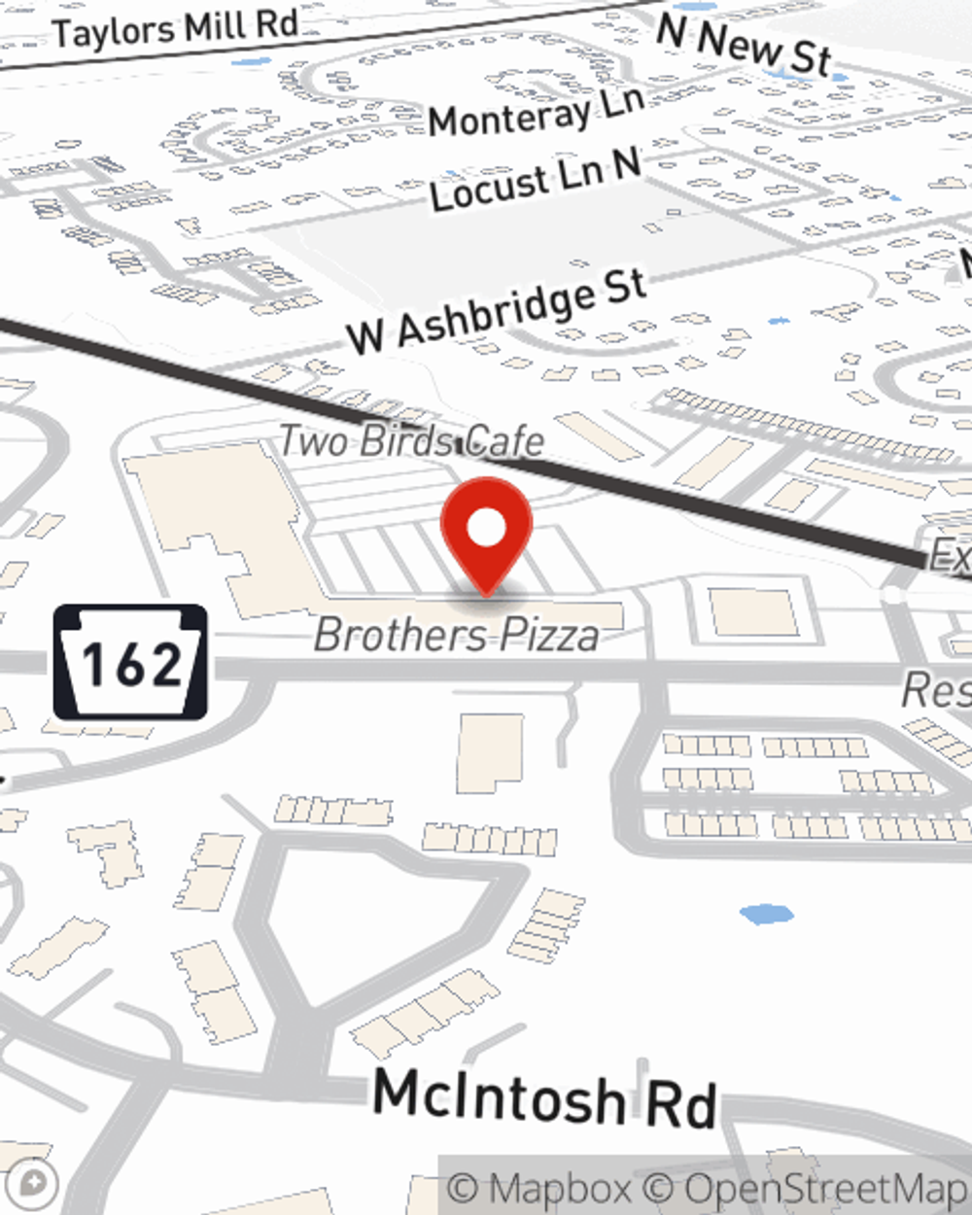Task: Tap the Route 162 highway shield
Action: coord(130,663)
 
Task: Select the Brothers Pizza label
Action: coord(457,636)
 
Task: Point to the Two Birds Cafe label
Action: coord(411,440)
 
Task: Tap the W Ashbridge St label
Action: coord(497,311)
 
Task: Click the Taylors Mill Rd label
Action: coord(175,27)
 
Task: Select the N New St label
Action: coord(745,44)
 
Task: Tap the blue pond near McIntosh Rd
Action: coord(766,914)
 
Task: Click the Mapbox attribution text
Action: coord(538,1189)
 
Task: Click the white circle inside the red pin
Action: coord(486,529)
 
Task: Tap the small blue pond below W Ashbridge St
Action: coord(779,320)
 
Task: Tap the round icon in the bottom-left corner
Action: coord(38,1185)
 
